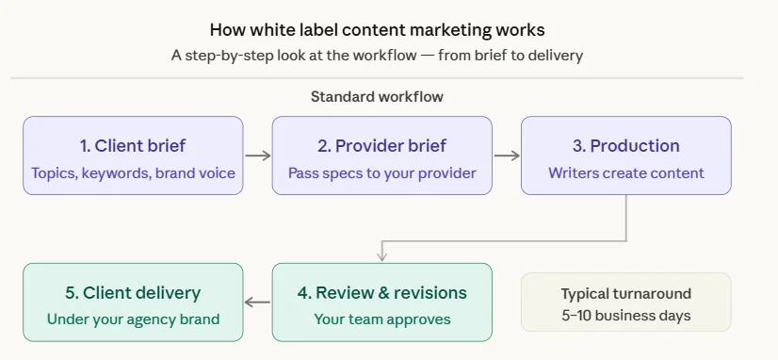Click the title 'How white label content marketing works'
[x=377, y=30]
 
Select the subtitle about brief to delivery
[x=377, y=56]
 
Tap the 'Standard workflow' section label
[x=377, y=96]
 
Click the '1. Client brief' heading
[x=133, y=145]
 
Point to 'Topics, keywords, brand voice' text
[x=133, y=173]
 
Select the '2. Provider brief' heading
[x=381, y=145]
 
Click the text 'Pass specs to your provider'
[x=381, y=173]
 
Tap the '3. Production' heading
[x=625, y=145]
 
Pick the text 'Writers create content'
[x=625, y=173]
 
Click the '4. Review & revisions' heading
[x=381, y=292]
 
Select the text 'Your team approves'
[x=381, y=319]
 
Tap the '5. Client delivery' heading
[x=133, y=292]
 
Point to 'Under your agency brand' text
[x=133, y=319]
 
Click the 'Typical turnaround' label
[x=625, y=293]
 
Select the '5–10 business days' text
[x=625, y=315]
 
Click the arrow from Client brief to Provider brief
[x=257, y=155]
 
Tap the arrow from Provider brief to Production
[x=507, y=155]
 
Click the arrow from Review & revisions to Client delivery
[x=257, y=303]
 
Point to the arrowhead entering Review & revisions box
[x=381, y=255]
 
